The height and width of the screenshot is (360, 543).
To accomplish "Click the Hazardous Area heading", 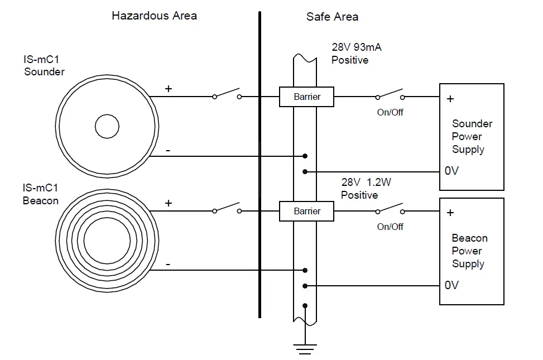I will coord(154,16).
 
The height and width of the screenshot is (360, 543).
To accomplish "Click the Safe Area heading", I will coord(332,17).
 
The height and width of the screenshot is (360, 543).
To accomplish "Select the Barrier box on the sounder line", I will coord(306,97).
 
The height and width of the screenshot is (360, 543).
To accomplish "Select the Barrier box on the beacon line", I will coord(306,212).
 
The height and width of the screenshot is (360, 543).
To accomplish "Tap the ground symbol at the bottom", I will coord(304,349).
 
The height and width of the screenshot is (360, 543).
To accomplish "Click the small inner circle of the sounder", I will coord(107,127).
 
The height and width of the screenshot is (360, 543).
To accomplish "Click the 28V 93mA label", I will coord(357,47).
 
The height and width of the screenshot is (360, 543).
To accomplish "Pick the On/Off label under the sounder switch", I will coord(390,112).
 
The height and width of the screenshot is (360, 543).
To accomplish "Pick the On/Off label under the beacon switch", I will coord(390,227).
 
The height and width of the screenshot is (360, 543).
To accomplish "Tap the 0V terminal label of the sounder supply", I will coord(451,171).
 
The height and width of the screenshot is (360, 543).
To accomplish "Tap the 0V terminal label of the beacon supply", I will coord(451,285).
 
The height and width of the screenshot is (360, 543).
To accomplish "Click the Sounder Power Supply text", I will coord(472,136).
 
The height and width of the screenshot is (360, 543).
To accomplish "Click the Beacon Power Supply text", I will coord(469,251).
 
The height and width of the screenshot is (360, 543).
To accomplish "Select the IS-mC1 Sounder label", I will coord(44,66).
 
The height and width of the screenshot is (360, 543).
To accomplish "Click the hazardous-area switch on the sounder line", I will coord(227,94).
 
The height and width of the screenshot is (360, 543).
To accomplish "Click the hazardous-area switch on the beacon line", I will coord(227,209).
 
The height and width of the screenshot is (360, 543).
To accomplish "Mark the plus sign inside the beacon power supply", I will coord(450,213).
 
